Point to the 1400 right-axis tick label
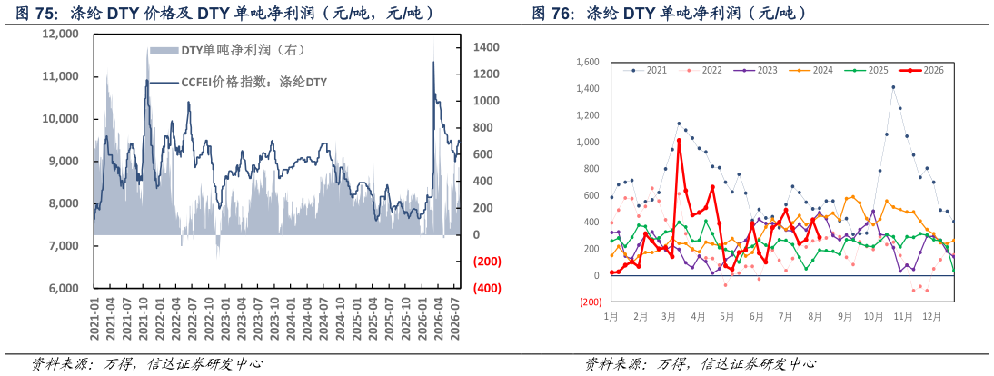[x=486, y=47]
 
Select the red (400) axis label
[x=487, y=288]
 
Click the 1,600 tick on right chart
[x=588, y=62]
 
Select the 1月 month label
[x=611, y=314]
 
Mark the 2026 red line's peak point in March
[x=679, y=140]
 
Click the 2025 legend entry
[x=866, y=70]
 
